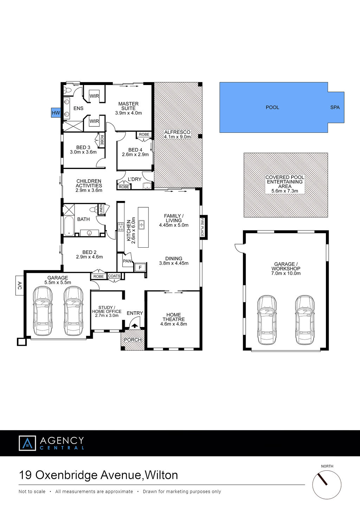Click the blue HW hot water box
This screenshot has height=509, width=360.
56,113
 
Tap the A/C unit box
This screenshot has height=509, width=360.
20,285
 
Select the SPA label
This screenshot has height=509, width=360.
335,107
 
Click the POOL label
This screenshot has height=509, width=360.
272,107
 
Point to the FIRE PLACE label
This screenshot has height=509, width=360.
202,227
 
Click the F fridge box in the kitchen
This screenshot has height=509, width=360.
140,267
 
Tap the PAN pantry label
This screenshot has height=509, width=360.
127,261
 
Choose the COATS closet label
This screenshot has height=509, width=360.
114,276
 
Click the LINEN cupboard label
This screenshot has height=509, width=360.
101,209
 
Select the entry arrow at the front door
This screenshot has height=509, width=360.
135,326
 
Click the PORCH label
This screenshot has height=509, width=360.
133,340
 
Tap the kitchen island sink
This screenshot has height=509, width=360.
141,225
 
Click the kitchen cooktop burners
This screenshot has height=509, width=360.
121,227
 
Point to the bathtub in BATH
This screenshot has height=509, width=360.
69,226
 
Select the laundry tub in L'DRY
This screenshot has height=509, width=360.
147,186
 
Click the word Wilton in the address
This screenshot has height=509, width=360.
161,475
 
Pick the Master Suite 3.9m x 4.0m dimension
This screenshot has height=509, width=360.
128,113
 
